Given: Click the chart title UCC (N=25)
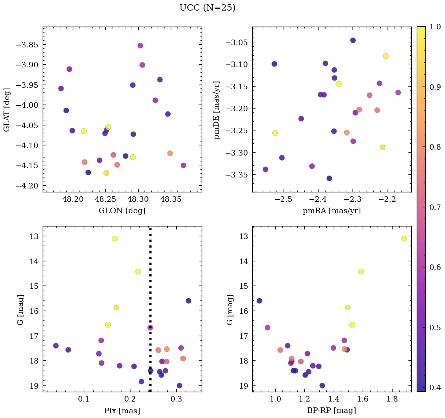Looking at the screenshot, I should click(207, 8).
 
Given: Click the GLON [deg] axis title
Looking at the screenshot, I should click(122, 211).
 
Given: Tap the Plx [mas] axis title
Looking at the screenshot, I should click(122, 411).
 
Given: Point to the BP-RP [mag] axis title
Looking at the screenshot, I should click(331, 411).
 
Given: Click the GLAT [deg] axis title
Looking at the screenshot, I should click(7, 110).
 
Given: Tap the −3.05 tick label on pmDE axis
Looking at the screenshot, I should click(237, 42).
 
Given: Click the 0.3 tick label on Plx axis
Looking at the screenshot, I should click(176, 400).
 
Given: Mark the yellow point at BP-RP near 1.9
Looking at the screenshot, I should click(404, 239).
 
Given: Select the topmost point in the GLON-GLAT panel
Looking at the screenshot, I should click(140, 45).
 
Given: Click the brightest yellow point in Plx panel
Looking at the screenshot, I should click(114, 239).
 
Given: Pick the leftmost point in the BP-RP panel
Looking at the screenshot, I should click(259, 301).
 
